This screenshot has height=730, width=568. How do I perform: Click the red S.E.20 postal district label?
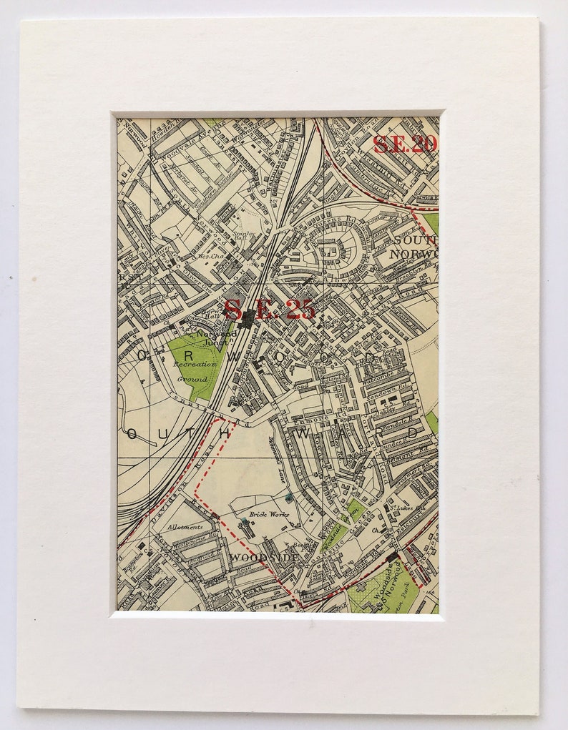(x=405, y=144)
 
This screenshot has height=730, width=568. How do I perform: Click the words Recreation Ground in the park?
(x=194, y=371)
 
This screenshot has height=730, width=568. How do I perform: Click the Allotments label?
(x=185, y=527)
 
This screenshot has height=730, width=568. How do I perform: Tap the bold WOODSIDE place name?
(x=255, y=557)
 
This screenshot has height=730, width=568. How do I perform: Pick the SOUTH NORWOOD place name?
(x=413, y=247)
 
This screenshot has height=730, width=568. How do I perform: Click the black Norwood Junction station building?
(x=247, y=319)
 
